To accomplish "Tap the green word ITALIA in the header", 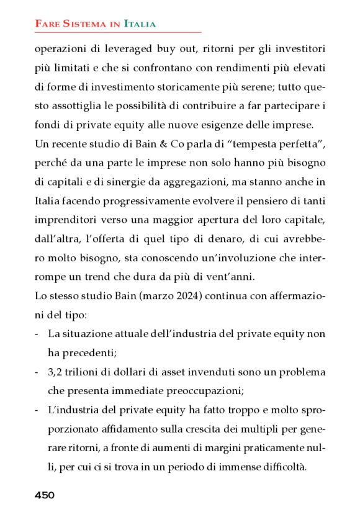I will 140,24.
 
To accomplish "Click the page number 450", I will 45,495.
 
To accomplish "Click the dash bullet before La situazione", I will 37,334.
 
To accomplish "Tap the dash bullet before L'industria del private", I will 37,410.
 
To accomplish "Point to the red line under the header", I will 118,32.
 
